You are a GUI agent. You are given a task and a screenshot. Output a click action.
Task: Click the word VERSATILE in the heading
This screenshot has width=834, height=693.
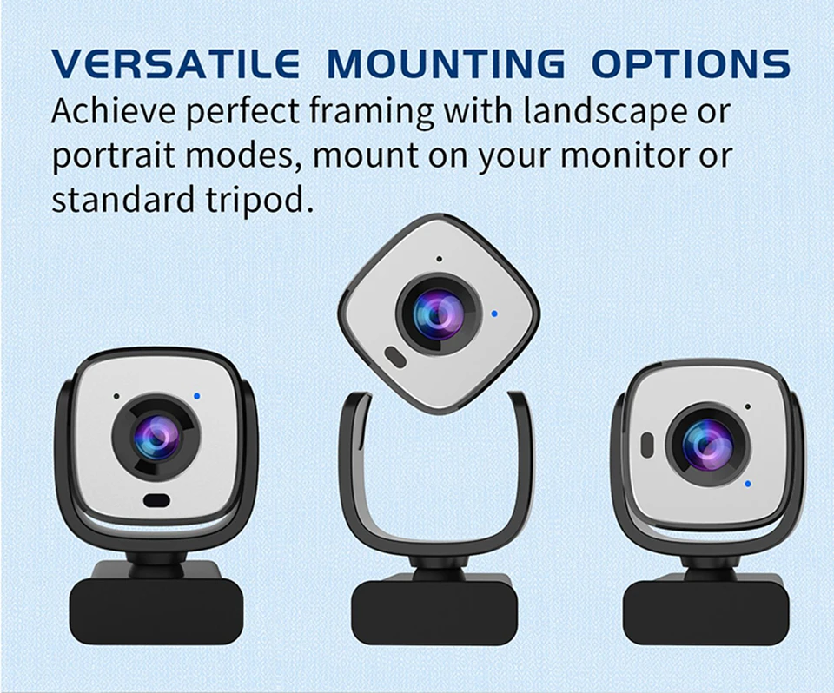(175, 63)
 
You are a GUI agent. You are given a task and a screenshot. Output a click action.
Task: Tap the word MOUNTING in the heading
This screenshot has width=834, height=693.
(446, 63)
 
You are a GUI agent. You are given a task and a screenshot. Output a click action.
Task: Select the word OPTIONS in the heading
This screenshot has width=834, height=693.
(691, 63)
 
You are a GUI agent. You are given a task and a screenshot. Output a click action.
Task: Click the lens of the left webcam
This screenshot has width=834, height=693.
(156, 437)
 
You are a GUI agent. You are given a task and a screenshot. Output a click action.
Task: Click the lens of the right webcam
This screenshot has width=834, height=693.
(707, 445)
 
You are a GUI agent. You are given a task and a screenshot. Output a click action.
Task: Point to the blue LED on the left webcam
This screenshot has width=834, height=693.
(197, 396)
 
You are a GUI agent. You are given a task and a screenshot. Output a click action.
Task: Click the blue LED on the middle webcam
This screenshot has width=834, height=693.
(494, 313)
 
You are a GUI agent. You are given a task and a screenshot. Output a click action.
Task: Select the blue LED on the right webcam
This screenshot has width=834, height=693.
(748, 484)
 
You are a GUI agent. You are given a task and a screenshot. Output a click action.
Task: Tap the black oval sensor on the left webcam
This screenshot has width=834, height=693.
(156, 500)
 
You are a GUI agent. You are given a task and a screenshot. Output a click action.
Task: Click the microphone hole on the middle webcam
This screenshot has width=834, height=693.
(439, 259)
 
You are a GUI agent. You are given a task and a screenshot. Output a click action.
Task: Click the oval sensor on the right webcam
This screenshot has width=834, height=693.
(647, 445)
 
